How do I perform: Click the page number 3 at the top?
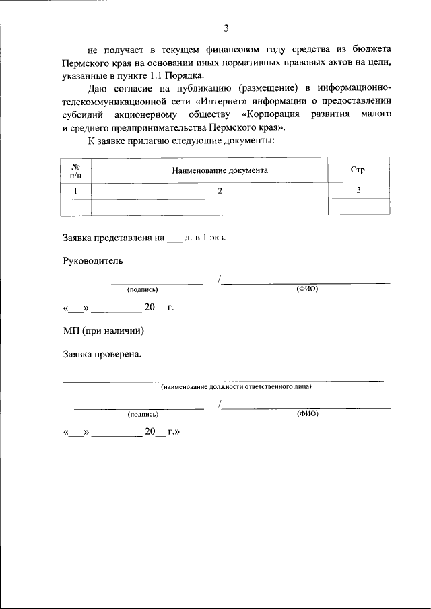pos(226,28)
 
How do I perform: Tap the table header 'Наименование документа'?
pos(220,170)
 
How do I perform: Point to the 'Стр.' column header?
pos(358,170)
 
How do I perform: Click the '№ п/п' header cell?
pos(76,170)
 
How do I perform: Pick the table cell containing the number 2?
pos(220,191)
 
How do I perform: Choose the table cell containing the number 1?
pos(76,191)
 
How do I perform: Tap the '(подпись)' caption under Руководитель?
pos(142,289)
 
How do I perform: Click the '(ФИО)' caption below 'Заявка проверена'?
pos(307,414)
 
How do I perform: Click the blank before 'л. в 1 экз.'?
pos(174,238)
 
